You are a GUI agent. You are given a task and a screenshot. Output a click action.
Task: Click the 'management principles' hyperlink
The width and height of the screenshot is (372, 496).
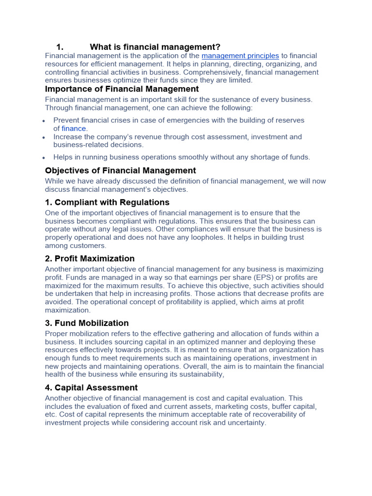240,56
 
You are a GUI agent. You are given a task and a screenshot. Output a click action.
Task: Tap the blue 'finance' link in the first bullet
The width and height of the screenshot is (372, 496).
74,128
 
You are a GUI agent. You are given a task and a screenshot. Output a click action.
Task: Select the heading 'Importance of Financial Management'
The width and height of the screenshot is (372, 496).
122,89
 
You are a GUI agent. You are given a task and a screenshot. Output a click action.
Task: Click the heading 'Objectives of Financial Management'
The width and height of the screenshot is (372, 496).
120,170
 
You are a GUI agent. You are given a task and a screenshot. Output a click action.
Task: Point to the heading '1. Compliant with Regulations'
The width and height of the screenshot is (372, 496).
107,202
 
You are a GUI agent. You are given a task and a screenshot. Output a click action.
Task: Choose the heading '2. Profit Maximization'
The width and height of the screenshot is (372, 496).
90,259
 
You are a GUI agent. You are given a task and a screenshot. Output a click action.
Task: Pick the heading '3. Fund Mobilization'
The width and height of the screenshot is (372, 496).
87,323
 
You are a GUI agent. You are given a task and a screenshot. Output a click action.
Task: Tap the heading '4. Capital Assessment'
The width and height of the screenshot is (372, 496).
91,387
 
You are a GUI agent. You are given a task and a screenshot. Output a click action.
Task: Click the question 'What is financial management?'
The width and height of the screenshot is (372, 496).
155,47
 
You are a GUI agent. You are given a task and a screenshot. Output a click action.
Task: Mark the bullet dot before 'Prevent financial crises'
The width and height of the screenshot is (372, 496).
44,121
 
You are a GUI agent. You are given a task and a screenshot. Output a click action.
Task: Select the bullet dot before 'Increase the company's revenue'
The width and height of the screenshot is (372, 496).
44,137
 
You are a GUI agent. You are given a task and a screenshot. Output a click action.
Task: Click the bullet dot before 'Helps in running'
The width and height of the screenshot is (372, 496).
44,157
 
